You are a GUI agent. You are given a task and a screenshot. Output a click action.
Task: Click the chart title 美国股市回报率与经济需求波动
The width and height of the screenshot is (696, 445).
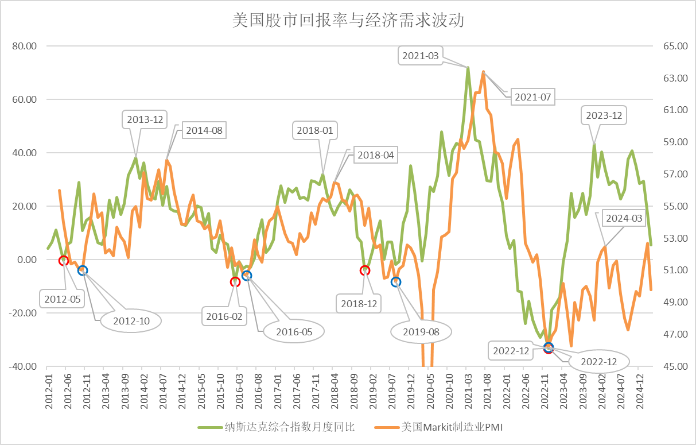[348, 21]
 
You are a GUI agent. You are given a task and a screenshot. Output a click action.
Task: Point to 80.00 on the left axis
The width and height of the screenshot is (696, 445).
[24, 46]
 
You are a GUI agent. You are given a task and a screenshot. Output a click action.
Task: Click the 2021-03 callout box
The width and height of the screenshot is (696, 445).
[420, 56]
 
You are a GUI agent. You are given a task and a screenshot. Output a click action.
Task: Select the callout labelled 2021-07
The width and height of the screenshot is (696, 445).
[532, 97]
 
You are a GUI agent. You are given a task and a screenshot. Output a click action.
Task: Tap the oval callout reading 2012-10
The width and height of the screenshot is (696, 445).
[131, 321]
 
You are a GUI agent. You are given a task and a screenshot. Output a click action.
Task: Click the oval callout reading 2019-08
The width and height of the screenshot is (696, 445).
[421, 331]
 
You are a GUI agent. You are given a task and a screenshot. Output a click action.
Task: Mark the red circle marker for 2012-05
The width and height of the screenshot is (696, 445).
[63, 260]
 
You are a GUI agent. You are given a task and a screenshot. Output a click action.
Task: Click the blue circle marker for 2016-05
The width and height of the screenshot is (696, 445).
[247, 276]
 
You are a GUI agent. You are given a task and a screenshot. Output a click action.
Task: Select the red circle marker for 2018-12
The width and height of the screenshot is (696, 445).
[365, 270]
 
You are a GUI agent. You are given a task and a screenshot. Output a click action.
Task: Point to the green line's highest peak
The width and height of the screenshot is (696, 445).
[468, 68]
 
